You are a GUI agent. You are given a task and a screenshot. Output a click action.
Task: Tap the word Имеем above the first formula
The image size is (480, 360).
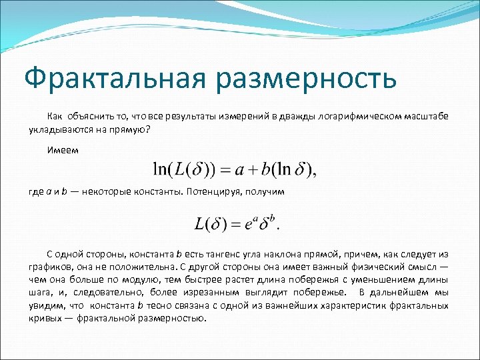click(x=62, y=150)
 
